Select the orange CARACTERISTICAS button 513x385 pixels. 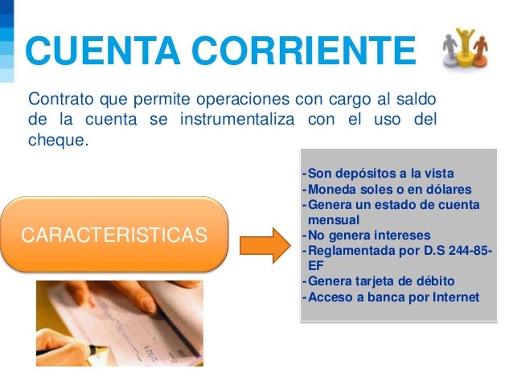click(115, 236)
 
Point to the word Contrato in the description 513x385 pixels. click(61, 100)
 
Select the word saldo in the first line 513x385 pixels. click(418, 100)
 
